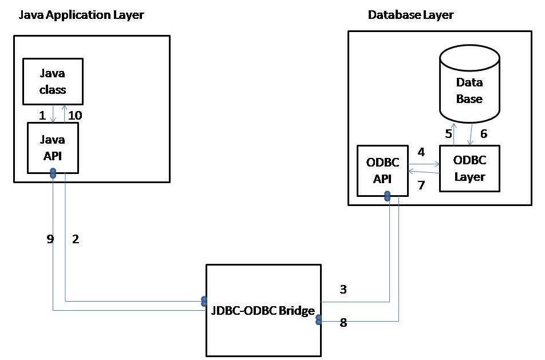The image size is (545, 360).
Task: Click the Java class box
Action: [53, 82]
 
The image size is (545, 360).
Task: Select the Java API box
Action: [53, 147]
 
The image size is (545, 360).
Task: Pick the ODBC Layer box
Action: [469, 169]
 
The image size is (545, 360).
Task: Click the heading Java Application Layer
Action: [81, 15]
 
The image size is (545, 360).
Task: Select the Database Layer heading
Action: [410, 15]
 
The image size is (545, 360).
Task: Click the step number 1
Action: [42, 115]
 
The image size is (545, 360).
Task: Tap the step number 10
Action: [75, 115]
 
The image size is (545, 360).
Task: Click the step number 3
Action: [343, 290]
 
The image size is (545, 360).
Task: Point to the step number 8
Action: [343, 323]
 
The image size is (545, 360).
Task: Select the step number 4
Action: [421, 153]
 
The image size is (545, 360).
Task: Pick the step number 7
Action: [421, 185]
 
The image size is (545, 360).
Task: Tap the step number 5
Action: [449, 133]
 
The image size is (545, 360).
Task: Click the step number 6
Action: [483, 133]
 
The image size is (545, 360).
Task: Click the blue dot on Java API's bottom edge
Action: [53, 173]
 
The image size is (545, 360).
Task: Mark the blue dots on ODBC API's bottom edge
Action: [388, 196]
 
